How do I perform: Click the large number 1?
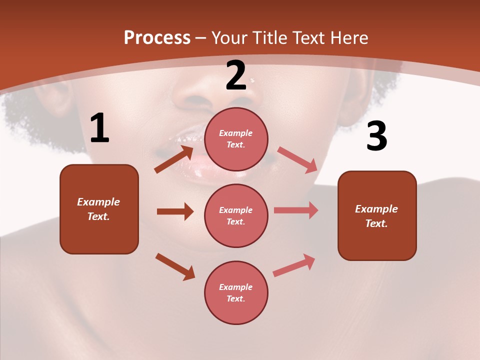click(x=99, y=128)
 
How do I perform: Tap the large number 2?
click(x=236, y=75)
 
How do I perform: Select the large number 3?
click(x=377, y=136)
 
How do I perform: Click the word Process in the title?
click(x=157, y=37)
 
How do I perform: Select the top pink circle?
click(x=236, y=139)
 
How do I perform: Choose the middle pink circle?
click(x=236, y=216)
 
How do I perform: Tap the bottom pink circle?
click(x=236, y=293)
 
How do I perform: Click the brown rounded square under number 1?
click(x=99, y=209)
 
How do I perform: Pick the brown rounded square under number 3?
click(x=377, y=215)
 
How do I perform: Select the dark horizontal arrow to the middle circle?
click(x=175, y=211)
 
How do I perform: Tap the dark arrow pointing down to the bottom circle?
click(x=175, y=266)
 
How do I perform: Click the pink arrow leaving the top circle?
click(x=297, y=159)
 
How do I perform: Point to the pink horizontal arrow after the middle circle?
click(x=296, y=210)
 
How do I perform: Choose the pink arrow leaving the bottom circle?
click(x=294, y=265)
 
